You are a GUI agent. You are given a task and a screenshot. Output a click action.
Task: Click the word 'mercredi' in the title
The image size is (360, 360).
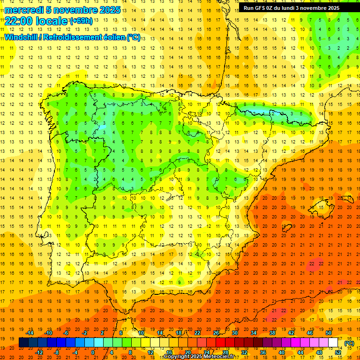coord(24,9)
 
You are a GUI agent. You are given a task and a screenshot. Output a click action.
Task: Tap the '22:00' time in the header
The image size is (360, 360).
coord(19,21)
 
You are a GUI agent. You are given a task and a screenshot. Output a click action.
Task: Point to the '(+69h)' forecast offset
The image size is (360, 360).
coord(82,21)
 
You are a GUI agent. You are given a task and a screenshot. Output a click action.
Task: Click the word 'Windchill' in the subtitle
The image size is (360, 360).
coord(20,37)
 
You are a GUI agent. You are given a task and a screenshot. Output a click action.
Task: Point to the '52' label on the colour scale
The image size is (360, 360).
coord(338,352)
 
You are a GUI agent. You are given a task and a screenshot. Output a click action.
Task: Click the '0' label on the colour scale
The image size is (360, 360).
coord(93,352)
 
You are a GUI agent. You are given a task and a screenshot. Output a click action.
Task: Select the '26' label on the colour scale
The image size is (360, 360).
coord(216,333)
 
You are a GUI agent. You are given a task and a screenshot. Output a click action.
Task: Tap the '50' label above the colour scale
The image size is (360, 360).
coord(329,333)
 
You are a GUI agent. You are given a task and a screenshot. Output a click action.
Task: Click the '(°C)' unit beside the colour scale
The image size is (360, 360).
coord(349,343)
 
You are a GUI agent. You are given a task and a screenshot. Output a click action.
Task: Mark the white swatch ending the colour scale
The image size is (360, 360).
coord(333,343)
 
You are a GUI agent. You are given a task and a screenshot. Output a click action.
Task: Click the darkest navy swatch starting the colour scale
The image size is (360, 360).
coord(24,343)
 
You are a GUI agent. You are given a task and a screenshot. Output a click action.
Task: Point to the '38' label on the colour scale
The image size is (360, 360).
coord(272,333)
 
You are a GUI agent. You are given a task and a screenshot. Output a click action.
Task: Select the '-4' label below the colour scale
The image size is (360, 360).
coord(75,352)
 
